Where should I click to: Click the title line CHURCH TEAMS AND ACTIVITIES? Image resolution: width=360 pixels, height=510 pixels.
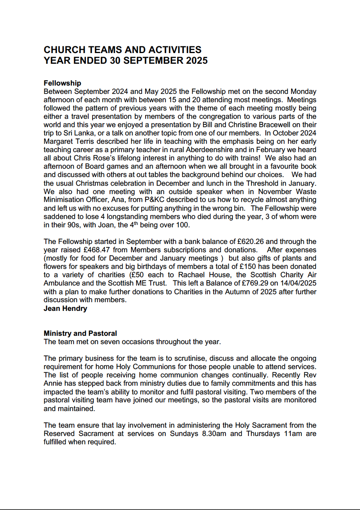point(122,50)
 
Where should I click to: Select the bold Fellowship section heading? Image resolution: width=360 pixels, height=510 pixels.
point(62,83)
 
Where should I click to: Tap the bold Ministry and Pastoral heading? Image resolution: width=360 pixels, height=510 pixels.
point(80,334)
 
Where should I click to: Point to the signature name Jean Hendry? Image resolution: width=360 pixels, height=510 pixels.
point(65,308)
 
